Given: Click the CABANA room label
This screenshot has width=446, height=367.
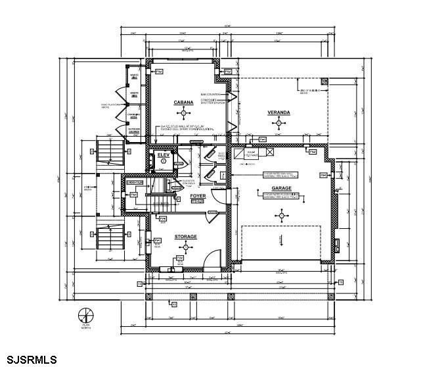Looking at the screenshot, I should point(183,103).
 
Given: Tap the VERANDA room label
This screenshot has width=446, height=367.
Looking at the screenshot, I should point(279,113).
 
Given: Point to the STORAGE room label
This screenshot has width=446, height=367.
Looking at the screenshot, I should point(185,236).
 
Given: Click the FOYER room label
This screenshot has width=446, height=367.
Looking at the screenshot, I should point(198,196).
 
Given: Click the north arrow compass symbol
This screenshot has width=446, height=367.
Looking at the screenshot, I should point(84,314).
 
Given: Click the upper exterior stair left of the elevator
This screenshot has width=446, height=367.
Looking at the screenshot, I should point(109,153).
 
